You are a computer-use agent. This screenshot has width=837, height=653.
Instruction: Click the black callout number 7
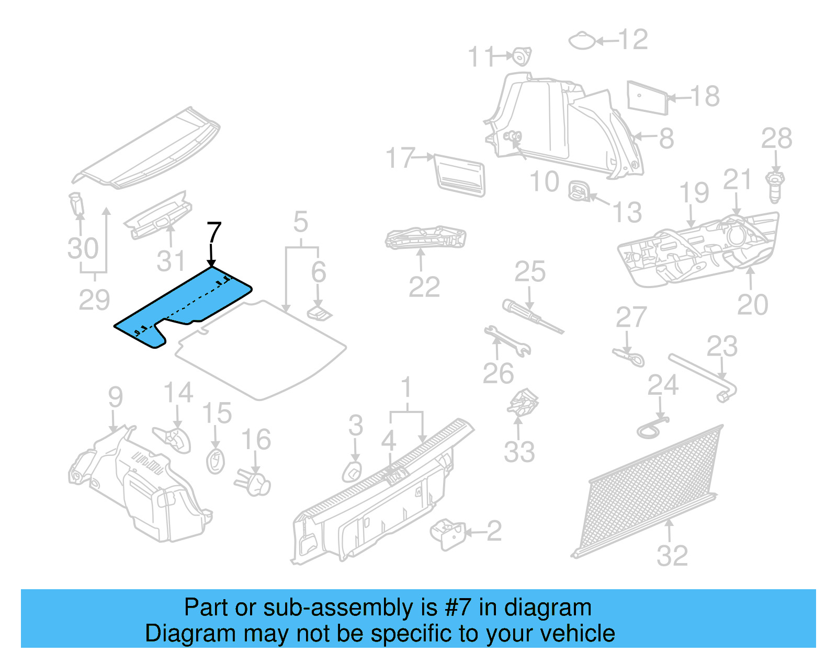tap(214, 233)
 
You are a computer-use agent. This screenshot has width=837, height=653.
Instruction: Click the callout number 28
tap(776, 139)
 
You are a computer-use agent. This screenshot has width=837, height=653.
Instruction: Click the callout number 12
tap(634, 40)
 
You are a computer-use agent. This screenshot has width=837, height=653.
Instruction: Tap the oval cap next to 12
tap(582, 41)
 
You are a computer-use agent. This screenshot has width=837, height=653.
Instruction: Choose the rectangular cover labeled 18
tap(647, 97)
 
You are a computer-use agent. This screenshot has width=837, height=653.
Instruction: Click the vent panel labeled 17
tap(459, 175)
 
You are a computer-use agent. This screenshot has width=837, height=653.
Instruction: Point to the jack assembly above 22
tap(425, 238)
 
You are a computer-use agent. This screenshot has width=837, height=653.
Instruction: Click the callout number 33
tap(519, 452)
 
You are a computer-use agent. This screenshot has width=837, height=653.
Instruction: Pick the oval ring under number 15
tap(215, 461)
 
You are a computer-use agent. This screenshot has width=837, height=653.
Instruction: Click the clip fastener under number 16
tap(255, 482)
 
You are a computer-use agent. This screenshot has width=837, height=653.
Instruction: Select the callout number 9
tap(115, 397)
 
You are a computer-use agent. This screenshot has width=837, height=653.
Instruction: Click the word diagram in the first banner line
tap(548, 608)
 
